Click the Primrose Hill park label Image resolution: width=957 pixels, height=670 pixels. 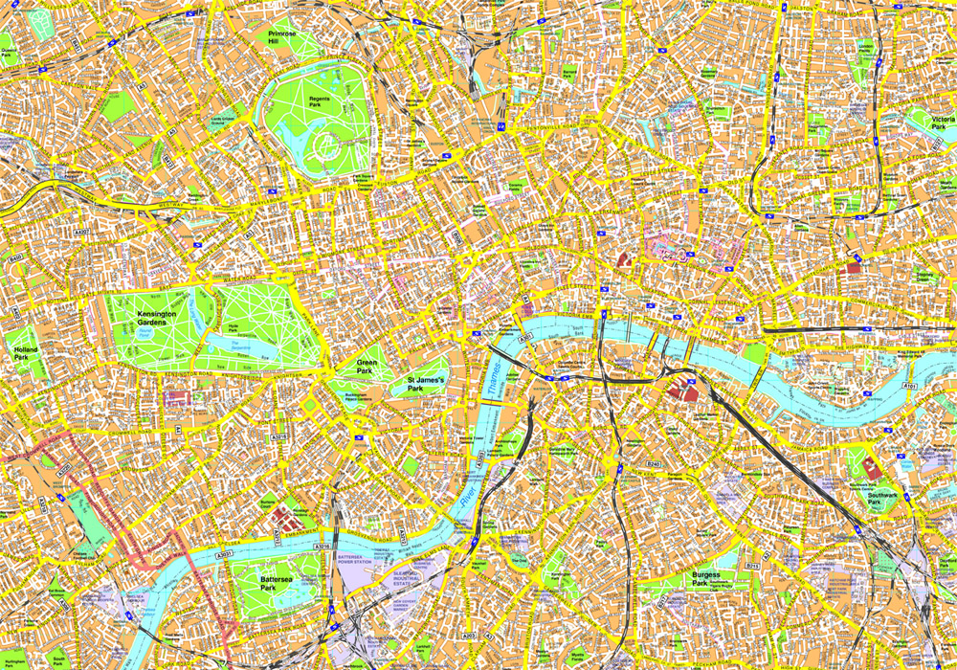(x=282, y=37)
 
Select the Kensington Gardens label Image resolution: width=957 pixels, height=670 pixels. (x=138, y=319)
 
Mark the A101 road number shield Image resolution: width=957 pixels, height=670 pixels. (x=910, y=386)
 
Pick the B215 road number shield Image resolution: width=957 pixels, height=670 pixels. (x=752, y=566)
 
